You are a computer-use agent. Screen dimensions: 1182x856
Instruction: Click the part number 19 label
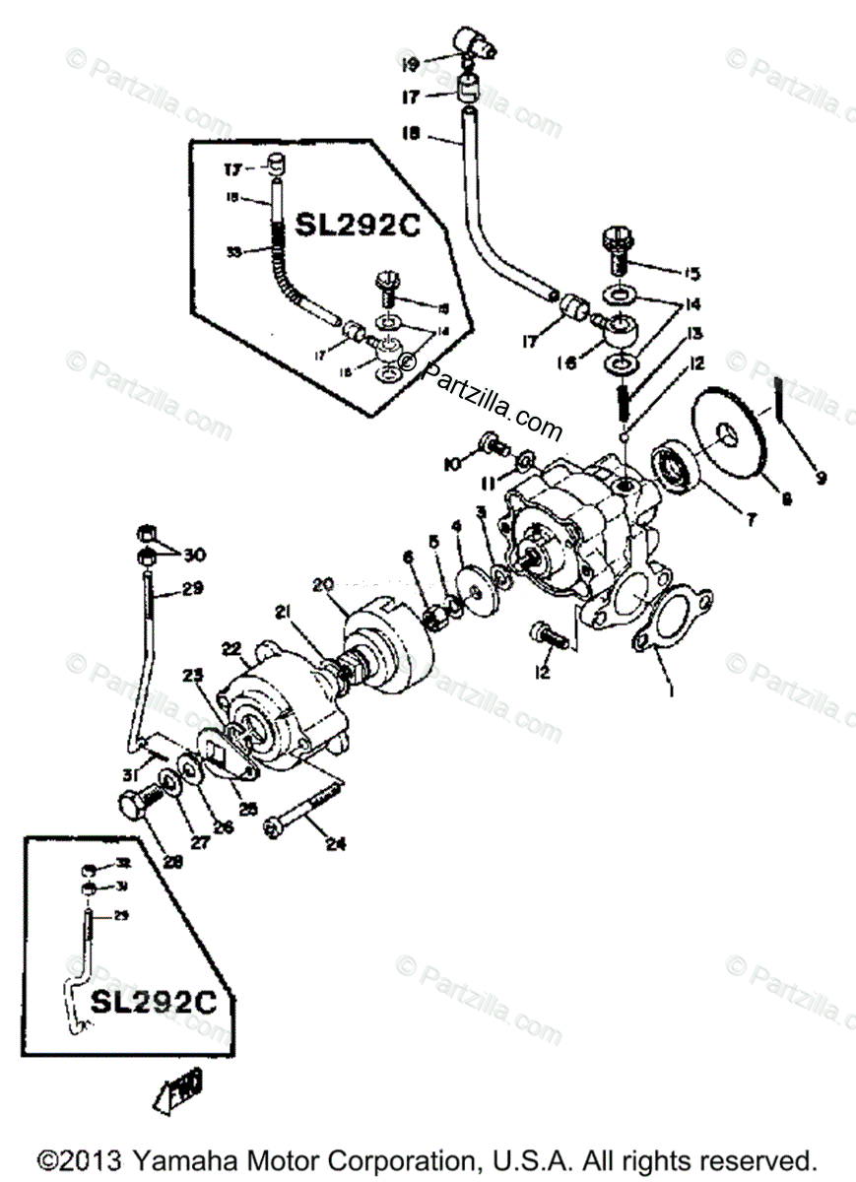(411, 65)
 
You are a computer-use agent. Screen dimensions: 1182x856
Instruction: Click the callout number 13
(695, 334)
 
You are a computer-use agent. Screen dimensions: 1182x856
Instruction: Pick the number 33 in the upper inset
(234, 251)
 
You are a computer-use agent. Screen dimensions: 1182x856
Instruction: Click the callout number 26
(224, 827)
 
